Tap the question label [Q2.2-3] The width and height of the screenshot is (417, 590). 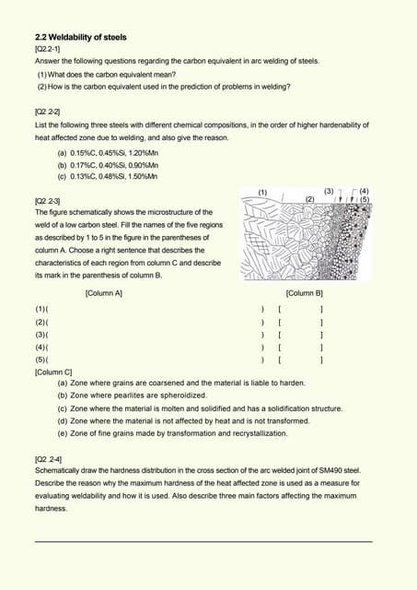pyautogui.click(x=48, y=200)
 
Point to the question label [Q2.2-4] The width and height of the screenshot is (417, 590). pyautogui.click(x=49, y=457)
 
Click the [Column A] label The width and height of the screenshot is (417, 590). pyautogui.click(x=103, y=293)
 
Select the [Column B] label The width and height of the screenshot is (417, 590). pyautogui.click(x=304, y=293)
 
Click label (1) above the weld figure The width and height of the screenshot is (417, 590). pyautogui.click(x=262, y=192)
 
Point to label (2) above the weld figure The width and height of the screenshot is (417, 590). pyautogui.click(x=309, y=198)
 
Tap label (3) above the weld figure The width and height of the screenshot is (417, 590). pyautogui.click(x=330, y=192)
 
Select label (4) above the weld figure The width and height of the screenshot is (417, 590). pyautogui.click(x=365, y=191)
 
